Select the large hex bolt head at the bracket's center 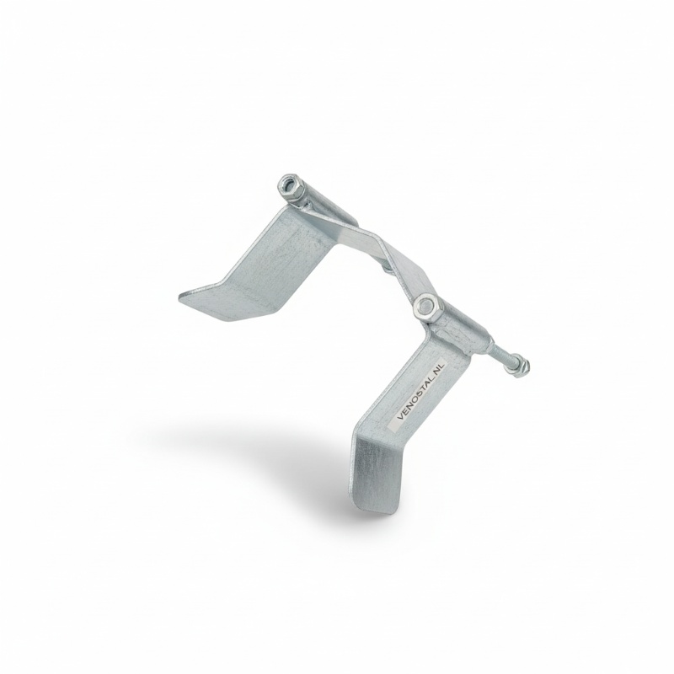point(425,307)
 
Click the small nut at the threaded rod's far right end point(522,366)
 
